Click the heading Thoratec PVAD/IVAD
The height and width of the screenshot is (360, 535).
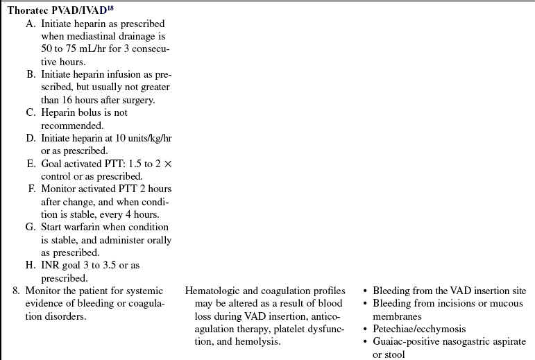tap(58, 10)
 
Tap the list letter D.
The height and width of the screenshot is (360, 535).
tap(30, 138)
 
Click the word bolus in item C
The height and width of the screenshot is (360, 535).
tap(85, 113)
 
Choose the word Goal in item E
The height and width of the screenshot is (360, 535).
tap(51, 163)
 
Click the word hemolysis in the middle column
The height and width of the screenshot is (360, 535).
tap(258, 341)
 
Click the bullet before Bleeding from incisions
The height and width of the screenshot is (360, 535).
tap(366, 303)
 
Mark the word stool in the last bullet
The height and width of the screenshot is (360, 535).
tap(396, 353)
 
